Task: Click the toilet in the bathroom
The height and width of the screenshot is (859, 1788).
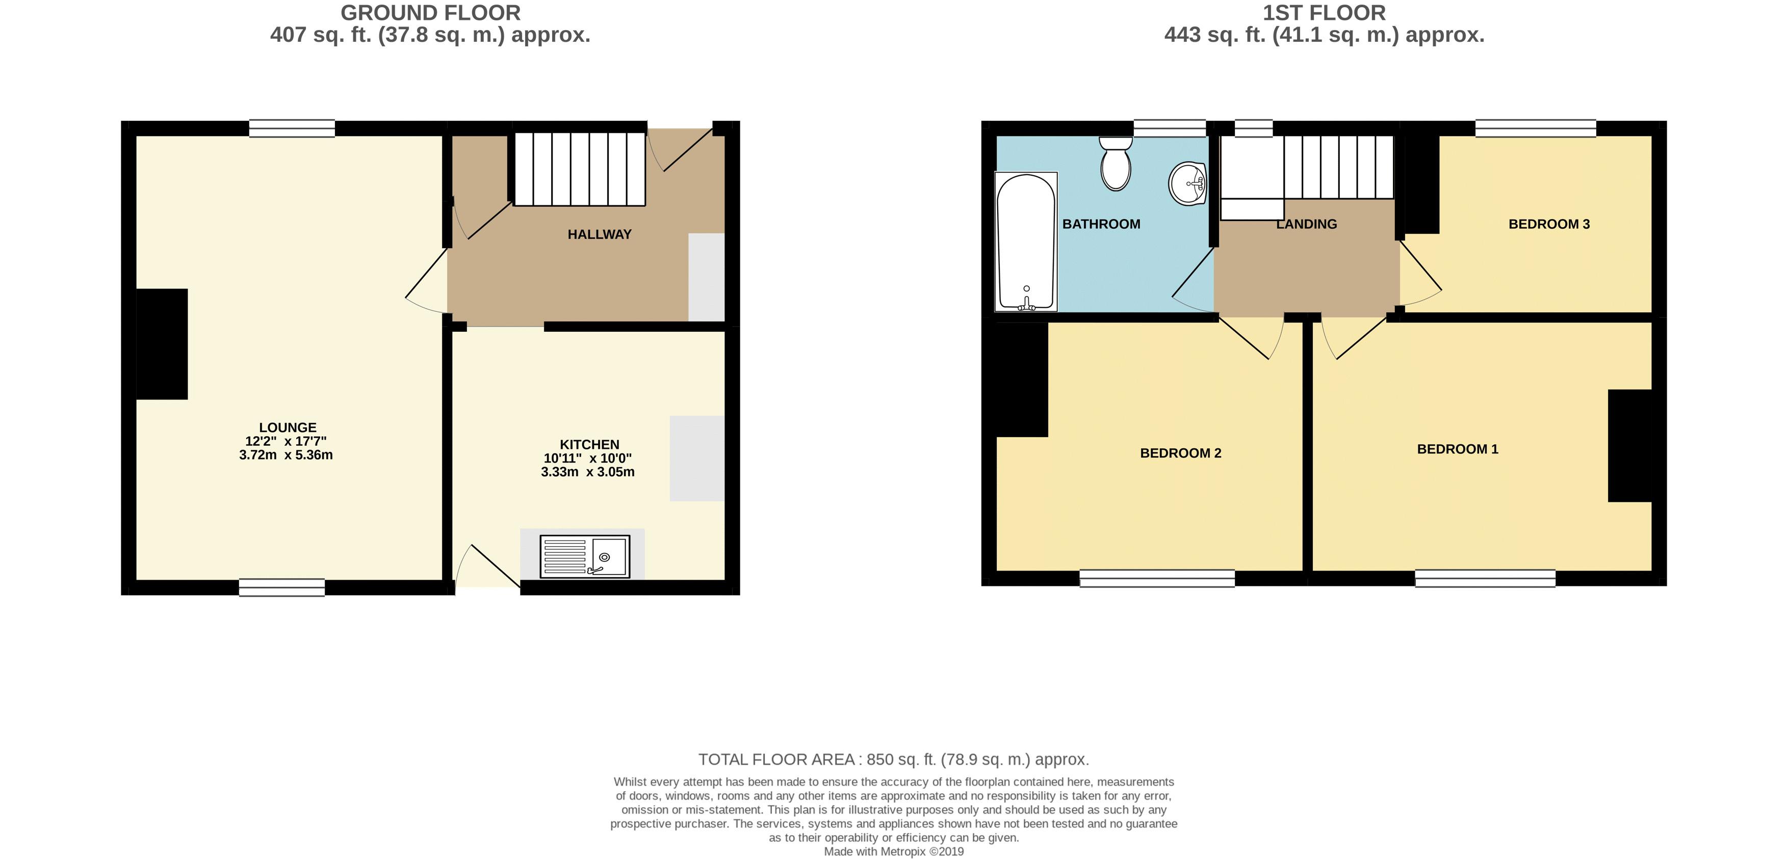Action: click(1116, 165)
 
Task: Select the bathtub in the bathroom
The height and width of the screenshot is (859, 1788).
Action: click(1026, 241)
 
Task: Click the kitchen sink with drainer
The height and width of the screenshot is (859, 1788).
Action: click(584, 556)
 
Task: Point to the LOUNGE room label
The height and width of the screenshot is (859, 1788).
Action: click(288, 427)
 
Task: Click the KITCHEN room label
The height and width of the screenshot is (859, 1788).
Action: click(589, 444)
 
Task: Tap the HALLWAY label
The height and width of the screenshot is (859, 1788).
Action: click(599, 234)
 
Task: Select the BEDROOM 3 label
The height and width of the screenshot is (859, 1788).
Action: click(1548, 224)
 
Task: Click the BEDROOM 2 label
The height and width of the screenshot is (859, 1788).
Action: click(1180, 453)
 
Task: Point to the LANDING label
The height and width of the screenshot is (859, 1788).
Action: click(1306, 224)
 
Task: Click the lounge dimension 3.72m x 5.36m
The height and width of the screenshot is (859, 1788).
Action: click(286, 455)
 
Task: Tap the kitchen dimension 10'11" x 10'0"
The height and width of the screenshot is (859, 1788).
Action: click(587, 458)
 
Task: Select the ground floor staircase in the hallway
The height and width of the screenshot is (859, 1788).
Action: click(580, 169)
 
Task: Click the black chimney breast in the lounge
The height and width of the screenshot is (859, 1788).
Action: click(162, 344)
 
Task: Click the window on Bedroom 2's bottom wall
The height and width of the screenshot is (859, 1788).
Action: click(1157, 578)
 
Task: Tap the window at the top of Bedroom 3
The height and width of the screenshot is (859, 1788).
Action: click(1535, 128)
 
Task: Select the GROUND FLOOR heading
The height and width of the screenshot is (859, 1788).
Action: click(430, 13)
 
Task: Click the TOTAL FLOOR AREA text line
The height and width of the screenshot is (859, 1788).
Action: click(893, 759)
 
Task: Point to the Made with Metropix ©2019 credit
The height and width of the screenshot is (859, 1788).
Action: click(893, 851)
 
